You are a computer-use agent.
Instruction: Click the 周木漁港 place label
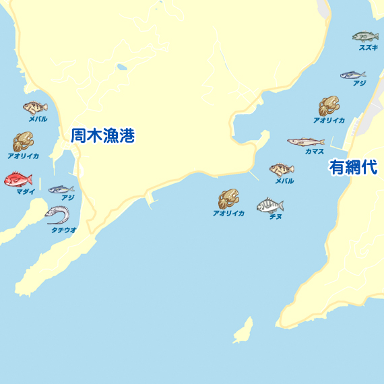coord(103,136)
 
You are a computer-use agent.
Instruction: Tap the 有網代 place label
coord(353,167)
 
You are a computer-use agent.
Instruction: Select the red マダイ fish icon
coord(18,180)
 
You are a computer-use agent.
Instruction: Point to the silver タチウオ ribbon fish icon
coord(58,215)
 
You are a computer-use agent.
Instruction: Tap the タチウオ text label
coord(64,230)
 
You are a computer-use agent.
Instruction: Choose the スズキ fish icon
coord(365,36)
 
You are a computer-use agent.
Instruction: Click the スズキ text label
coord(368,48)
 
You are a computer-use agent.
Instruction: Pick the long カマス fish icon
coord(305,141)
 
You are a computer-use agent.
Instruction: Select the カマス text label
coord(314,152)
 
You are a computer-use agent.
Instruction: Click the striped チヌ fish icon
coord(269,204)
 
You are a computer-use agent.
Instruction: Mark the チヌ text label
coord(275,217)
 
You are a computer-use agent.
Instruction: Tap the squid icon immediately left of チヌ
coord(228,199)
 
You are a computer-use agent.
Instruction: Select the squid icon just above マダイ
coord(23,142)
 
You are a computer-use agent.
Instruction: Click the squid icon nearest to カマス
coord(329,106)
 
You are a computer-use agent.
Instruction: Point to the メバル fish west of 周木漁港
coord(35,107)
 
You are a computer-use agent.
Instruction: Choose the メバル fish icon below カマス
coord(282,169)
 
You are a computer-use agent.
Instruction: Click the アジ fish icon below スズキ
coord(352,75)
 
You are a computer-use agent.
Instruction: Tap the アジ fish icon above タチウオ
coord(61,189)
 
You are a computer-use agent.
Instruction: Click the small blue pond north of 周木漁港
coord(121,67)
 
